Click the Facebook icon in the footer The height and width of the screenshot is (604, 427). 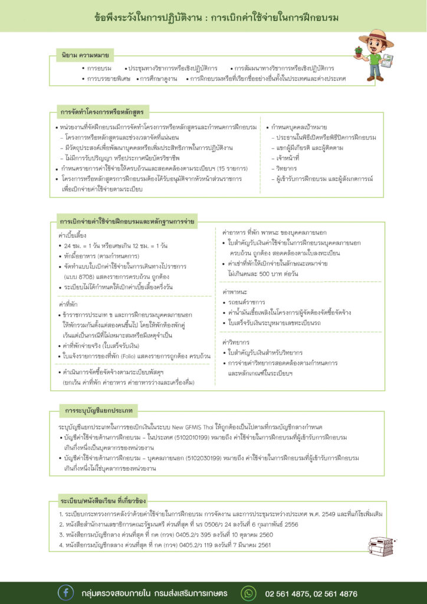point(65,592)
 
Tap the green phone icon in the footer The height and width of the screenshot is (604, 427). point(249,592)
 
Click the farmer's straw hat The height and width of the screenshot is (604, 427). point(376,37)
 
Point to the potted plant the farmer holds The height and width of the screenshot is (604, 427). point(359,52)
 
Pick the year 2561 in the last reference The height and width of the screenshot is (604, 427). point(262,545)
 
